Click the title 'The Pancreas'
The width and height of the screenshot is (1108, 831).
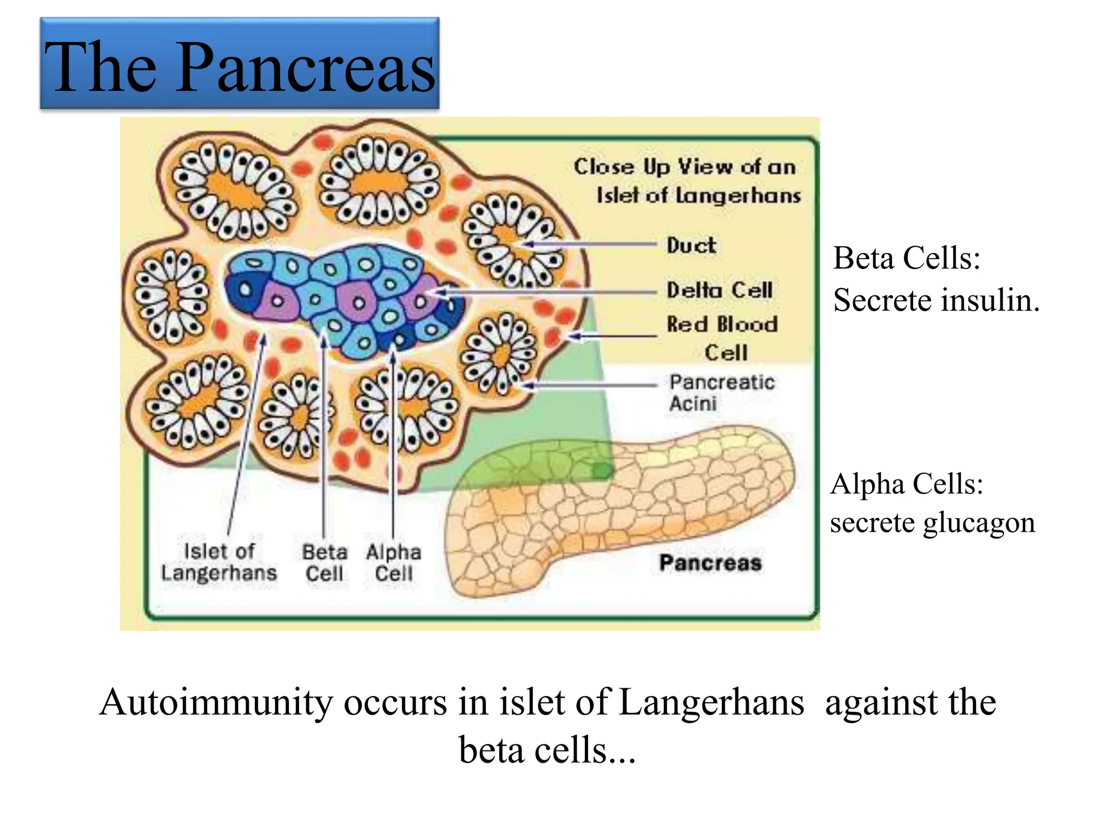pyautogui.click(x=240, y=67)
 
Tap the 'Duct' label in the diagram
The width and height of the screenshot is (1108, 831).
pyautogui.click(x=691, y=246)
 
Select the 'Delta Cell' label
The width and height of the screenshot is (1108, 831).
pyautogui.click(x=719, y=290)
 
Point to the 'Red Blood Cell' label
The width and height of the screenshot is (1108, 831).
pyautogui.click(x=722, y=338)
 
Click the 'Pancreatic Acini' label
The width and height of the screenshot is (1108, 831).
pyautogui.click(x=722, y=393)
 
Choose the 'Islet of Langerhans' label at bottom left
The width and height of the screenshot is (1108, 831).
pyautogui.click(x=219, y=563)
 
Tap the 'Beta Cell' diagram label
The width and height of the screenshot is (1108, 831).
pyautogui.click(x=325, y=563)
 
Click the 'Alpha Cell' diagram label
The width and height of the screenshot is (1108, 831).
pyautogui.click(x=393, y=563)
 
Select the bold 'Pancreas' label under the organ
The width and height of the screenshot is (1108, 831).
pyautogui.click(x=710, y=563)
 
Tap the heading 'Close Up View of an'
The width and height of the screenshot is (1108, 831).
pyautogui.click(x=685, y=167)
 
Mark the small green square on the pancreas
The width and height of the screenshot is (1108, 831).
pyautogui.click(x=602, y=470)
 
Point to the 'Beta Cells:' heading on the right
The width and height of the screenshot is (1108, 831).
pyautogui.click(x=907, y=258)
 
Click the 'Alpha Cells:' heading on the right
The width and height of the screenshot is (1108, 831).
pyautogui.click(x=907, y=484)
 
